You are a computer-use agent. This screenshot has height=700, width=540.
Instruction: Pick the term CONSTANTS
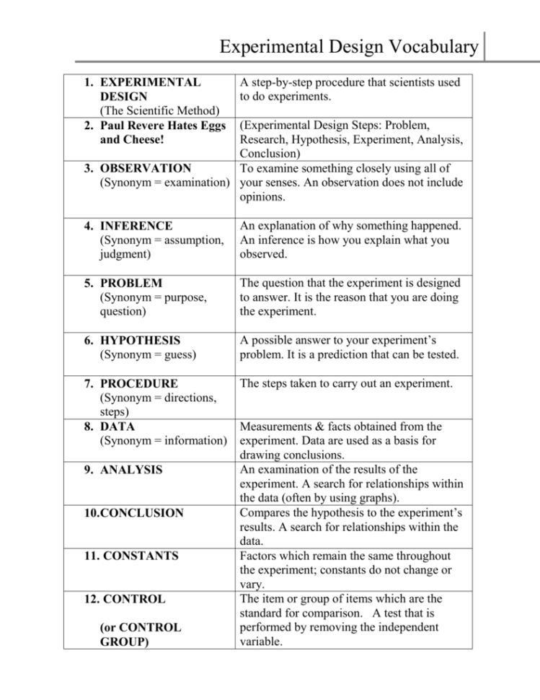coord(128,556)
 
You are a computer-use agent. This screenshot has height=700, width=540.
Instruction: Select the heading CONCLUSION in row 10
coord(132,513)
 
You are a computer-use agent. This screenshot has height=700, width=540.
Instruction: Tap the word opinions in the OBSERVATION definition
coord(263,197)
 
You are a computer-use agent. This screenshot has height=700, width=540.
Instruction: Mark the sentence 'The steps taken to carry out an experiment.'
coord(346,383)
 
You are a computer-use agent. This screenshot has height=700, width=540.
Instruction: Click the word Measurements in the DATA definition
coord(278,426)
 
